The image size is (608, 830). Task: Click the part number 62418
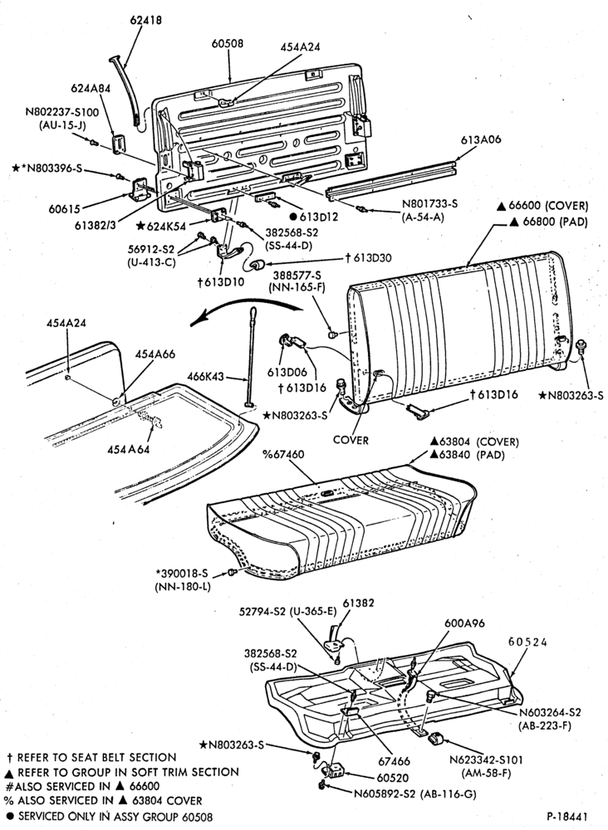(146, 21)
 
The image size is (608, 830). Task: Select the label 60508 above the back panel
(228, 44)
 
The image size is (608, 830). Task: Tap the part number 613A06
(481, 139)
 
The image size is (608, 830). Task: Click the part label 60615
(65, 209)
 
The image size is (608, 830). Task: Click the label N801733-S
(429, 204)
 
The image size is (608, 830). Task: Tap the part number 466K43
(207, 377)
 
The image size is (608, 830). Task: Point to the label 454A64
(129, 449)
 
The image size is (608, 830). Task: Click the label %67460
(284, 454)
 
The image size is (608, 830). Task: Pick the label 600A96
(464, 623)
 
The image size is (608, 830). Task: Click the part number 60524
(528, 642)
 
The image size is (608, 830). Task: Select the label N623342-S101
(486, 760)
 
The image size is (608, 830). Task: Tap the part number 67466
(395, 761)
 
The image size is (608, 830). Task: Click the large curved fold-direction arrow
(245, 305)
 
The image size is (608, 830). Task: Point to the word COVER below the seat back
(351, 440)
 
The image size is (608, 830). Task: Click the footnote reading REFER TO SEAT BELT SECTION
(91, 758)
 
